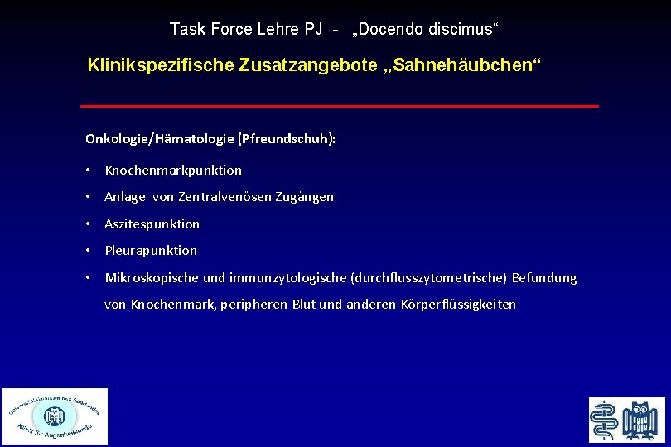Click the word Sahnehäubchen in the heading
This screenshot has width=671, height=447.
[471, 65]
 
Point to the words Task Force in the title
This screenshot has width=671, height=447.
[204, 30]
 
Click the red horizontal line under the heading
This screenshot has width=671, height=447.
[339, 106]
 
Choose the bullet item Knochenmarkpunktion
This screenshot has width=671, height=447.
[173, 171]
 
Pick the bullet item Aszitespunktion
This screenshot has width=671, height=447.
[152, 224]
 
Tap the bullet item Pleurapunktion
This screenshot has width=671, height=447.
[151, 251]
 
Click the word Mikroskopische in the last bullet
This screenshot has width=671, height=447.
[150, 278]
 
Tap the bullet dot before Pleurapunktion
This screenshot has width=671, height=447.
[87, 251]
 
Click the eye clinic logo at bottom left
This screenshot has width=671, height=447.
[55, 416]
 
